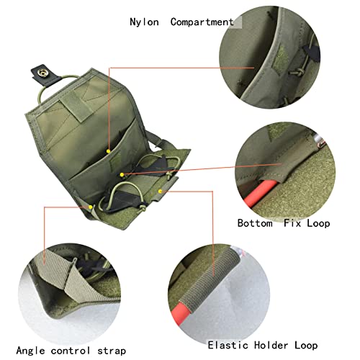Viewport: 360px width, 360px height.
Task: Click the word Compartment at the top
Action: click(x=202, y=21)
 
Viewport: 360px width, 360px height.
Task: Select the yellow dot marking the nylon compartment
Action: click(x=108, y=151)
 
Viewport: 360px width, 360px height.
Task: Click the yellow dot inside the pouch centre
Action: click(x=123, y=174)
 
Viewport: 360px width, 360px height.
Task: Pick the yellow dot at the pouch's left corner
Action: click(x=91, y=207)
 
